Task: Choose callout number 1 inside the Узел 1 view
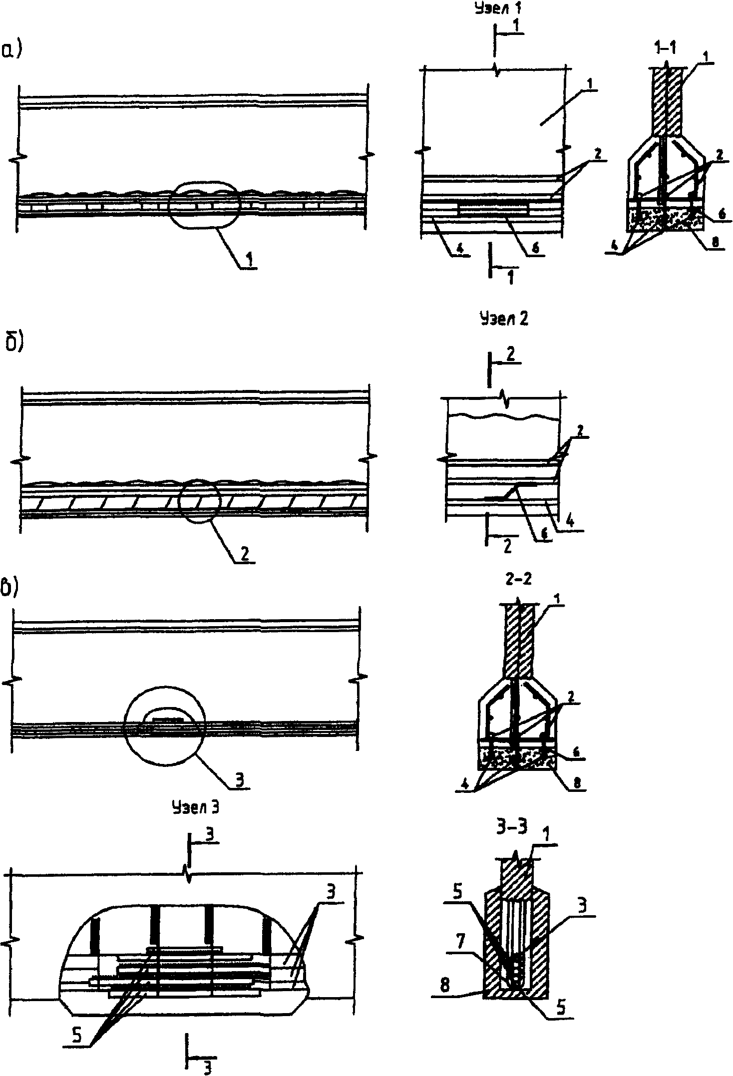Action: [590, 85]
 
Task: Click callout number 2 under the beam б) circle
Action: [245, 553]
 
